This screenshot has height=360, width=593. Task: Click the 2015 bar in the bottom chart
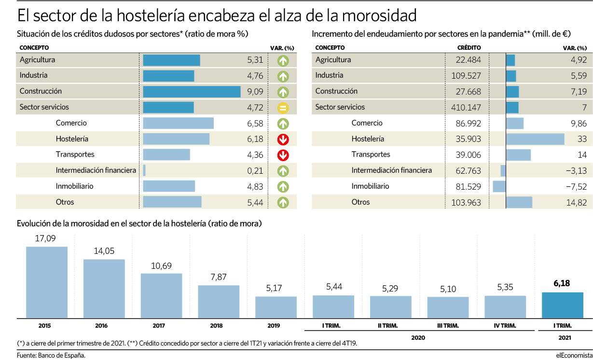46,282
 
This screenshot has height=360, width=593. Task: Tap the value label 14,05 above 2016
104,251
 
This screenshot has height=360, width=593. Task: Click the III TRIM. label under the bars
448,326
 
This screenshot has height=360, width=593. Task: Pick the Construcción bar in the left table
192,91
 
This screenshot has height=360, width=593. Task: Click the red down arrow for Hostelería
283,139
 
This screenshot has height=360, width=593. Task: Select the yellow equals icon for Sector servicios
283,108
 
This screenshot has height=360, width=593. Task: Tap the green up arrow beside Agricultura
283,60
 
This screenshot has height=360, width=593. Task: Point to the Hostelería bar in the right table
535,139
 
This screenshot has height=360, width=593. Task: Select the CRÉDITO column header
469,48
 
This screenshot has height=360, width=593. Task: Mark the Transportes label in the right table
371,154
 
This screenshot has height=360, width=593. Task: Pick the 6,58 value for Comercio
254,123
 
